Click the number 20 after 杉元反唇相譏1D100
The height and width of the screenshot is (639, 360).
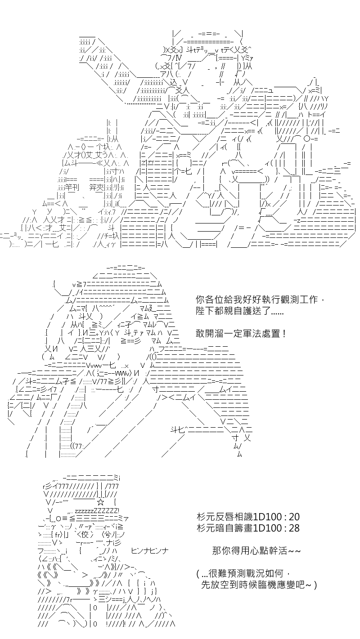pos(294,517)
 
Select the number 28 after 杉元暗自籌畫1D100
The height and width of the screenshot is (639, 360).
pos(294,528)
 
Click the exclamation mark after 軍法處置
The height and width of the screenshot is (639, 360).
pos(283,333)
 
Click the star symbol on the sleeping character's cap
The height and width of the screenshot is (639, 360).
pos(100,502)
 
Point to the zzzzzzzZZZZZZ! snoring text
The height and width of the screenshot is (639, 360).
pos(97,511)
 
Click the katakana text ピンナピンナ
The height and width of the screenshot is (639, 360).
pos(150,550)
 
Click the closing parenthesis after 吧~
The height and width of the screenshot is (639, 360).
pos(315,585)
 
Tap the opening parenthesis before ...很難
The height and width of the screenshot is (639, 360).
pos(198,573)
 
